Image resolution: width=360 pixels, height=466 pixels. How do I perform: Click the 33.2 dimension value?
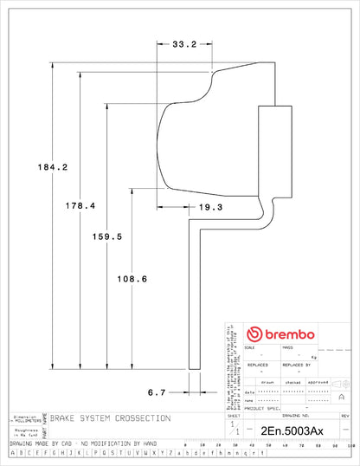pyautogui.click(x=183, y=42)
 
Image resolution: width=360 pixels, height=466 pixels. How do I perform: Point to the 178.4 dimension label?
pyautogui.click(x=79, y=205)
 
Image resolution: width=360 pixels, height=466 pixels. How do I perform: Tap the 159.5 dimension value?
pyautogui.click(x=107, y=236)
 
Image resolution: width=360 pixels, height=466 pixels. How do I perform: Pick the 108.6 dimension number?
pyautogui.click(x=133, y=279)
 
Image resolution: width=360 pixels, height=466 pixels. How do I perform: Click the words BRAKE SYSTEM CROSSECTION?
pyautogui.click(x=110, y=417)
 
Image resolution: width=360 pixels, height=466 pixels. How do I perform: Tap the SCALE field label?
pyautogui.click(x=252, y=348)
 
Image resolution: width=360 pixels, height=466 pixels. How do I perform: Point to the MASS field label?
pyautogui.click(x=288, y=348)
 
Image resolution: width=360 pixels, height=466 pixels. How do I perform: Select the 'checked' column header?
pyautogui.click(x=292, y=380)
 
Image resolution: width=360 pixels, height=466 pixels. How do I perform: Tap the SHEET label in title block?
pyautogui.click(x=234, y=417)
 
